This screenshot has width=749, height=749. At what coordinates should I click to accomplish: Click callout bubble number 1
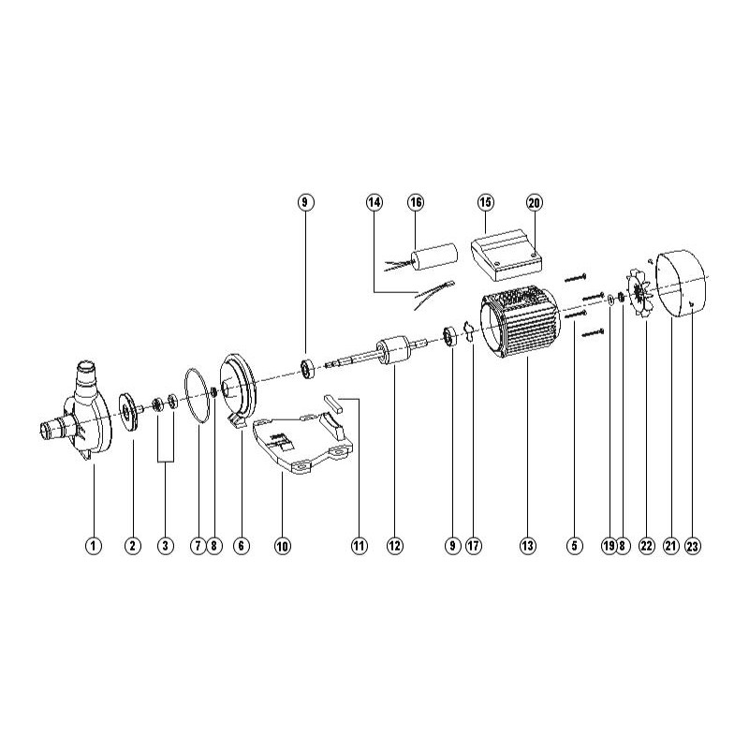click(x=93, y=545)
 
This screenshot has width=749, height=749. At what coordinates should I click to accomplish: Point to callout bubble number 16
click(x=416, y=202)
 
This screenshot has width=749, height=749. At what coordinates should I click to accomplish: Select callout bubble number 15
click(x=485, y=202)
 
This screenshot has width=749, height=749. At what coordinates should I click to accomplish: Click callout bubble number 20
click(x=535, y=202)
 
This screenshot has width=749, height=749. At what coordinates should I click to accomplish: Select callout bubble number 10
click(x=283, y=545)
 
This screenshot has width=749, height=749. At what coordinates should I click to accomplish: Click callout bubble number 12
click(x=393, y=545)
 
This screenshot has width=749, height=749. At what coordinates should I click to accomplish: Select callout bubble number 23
click(x=692, y=545)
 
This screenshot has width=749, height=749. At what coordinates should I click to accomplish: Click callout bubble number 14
click(x=374, y=202)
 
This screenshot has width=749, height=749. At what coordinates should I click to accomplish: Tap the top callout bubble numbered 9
click(x=304, y=202)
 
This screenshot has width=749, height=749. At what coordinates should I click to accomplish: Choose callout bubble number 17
click(x=474, y=545)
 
